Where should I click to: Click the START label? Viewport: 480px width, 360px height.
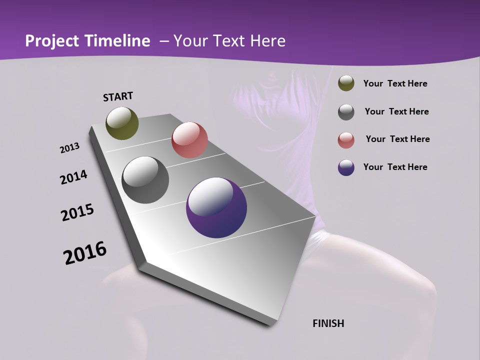[118, 96]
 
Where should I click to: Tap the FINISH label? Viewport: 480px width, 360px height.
[328, 323]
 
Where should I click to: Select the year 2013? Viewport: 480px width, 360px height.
[69, 148]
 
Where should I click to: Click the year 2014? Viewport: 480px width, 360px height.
[73, 177]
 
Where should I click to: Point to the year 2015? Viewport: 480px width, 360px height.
[77, 212]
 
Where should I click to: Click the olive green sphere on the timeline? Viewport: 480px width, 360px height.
[122, 123]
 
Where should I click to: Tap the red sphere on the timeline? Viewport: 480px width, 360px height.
[189, 139]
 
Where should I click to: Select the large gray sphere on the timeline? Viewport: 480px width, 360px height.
[145, 180]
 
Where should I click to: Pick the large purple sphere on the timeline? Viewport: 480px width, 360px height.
[216, 207]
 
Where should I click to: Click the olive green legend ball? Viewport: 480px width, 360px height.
[346, 83]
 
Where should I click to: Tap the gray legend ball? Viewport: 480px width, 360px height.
[346, 111]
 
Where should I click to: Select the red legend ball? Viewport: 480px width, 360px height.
[346, 140]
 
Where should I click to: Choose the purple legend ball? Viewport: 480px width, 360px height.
[346, 167]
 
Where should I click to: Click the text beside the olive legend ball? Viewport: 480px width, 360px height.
[395, 83]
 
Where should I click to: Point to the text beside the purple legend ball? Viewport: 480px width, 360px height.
[395, 167]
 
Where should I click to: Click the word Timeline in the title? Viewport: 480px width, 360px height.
[117, 41]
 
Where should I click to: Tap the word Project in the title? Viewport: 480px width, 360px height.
[52, 41]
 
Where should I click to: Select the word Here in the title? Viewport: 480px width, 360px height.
[267, 41]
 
